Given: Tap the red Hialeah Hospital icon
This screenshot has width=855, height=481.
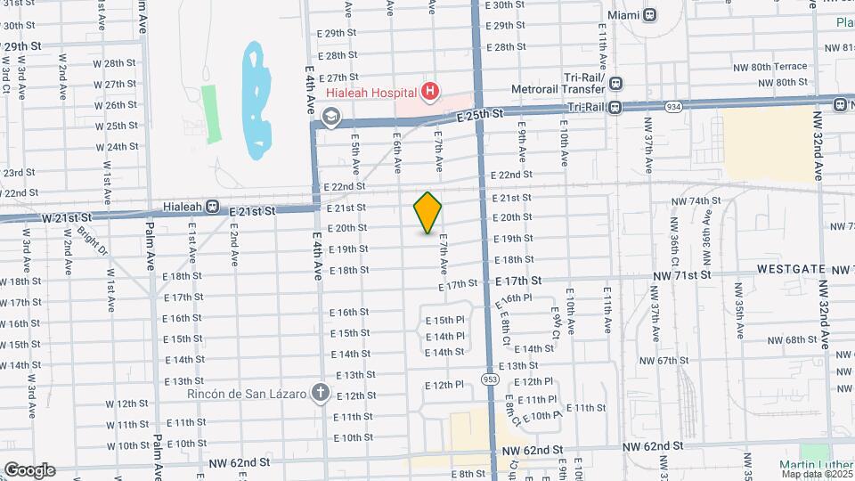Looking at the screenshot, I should (x=430, y=91).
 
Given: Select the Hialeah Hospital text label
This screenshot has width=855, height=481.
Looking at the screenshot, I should (x=372, y=92).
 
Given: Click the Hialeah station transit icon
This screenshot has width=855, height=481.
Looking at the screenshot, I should (x=212, y=207).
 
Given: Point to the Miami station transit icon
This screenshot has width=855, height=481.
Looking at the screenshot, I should (x=651, y=15).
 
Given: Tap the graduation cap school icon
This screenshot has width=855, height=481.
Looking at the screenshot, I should (x=331, y=116).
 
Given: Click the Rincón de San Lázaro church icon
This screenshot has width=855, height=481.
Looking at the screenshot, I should (x=321, y=393).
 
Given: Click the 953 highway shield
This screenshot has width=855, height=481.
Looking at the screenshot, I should (x=490, y=379).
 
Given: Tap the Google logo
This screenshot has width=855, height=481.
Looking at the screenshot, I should (x=29, y=470).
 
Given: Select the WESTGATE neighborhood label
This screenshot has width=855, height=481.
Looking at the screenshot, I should (x=794, y=268).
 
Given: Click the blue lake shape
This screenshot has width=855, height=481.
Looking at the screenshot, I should (x=256, y=98).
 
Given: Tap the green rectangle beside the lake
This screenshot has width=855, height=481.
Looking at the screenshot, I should (x=211, y=114).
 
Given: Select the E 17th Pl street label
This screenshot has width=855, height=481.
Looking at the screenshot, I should (x=517, y=298).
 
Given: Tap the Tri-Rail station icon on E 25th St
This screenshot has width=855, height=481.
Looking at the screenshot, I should (x=616, y=107).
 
